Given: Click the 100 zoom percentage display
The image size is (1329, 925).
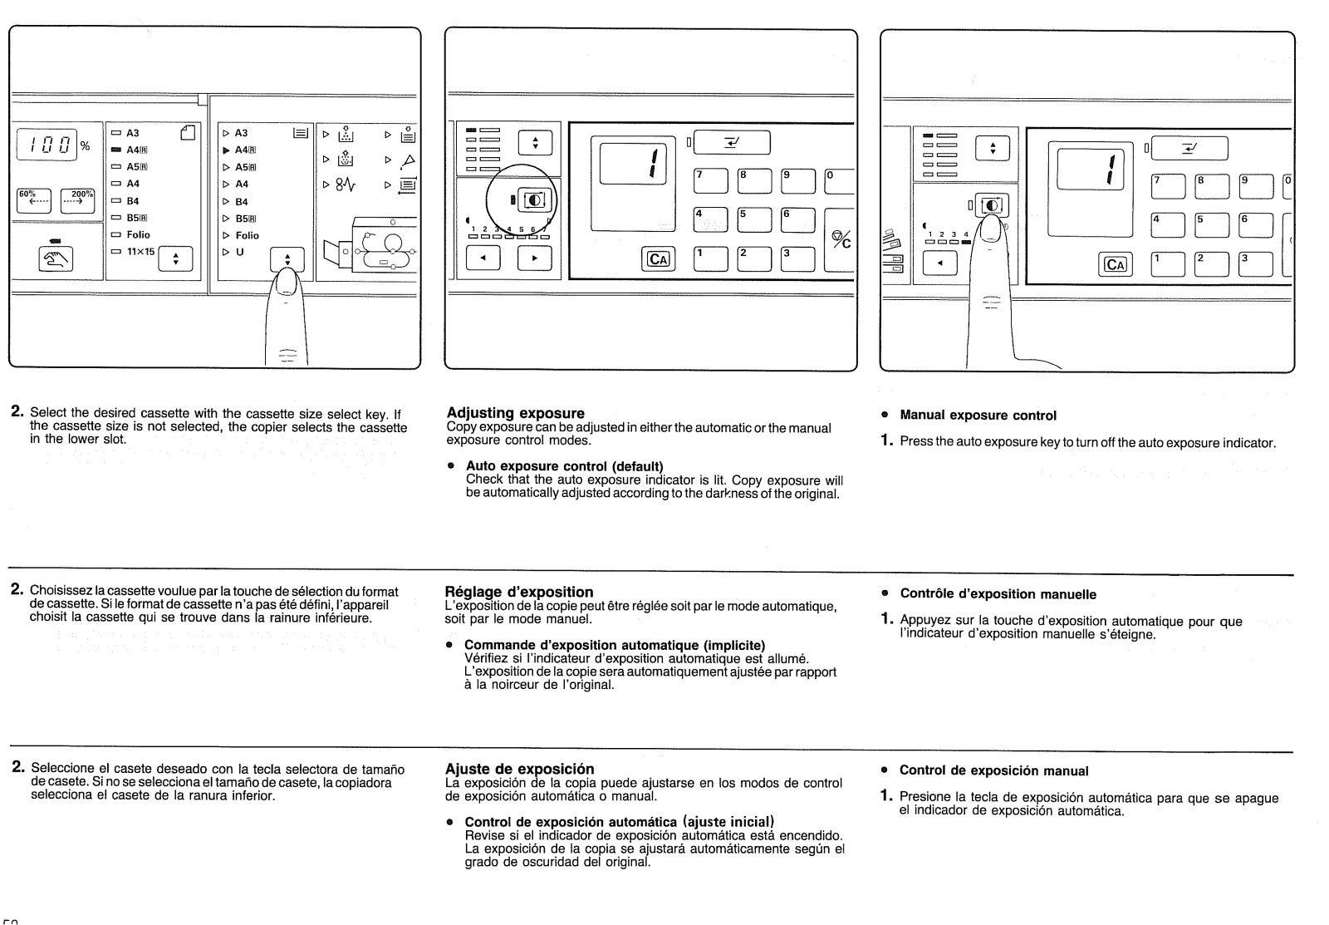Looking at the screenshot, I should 47,146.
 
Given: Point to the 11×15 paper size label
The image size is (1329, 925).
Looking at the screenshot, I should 140,252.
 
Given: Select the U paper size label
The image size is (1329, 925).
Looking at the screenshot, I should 240,252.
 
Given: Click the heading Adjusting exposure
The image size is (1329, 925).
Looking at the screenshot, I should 515,413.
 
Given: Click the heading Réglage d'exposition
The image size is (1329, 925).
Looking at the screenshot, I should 519,592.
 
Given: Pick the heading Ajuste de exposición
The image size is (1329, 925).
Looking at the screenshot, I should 520,769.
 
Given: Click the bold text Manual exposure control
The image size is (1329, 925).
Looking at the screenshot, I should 978,416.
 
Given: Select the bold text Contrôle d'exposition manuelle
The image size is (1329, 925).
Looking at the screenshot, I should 998,594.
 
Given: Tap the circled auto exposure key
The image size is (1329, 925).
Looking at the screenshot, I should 533,199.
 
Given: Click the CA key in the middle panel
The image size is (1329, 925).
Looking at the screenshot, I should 658,258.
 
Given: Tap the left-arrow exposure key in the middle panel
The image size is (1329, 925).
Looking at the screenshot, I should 483,258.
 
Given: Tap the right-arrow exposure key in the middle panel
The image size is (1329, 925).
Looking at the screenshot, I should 534,258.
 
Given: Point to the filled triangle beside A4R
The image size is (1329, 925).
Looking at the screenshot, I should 226,150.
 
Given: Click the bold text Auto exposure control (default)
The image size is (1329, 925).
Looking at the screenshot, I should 564,465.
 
